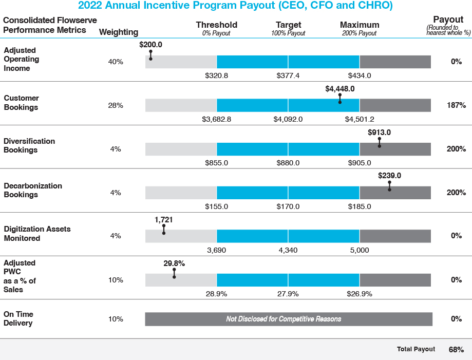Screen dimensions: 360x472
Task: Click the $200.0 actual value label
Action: coord(150,45)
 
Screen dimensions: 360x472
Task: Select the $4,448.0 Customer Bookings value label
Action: coord(340,88)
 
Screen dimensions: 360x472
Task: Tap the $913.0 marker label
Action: coord(380,132)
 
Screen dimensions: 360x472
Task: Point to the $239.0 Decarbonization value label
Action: coord(389,175)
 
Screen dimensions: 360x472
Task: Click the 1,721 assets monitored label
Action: coord(163,219)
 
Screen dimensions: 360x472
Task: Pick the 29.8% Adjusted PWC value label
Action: coord(174,263)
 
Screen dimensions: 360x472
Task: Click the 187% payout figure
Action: coord(456,105)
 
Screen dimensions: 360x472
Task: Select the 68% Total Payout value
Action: coord(456,350)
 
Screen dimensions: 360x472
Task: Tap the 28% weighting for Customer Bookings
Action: coord(116,105)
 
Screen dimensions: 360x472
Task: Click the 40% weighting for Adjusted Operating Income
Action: coord(116,62)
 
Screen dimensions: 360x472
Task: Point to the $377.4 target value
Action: coord(288,75)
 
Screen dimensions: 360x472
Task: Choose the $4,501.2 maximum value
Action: coord(360,119)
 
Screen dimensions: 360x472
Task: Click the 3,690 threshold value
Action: coord(216,250)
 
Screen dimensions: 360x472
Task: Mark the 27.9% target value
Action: coord(288,294)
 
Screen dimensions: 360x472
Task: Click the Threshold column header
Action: coord(216,25)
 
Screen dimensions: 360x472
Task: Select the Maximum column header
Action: coord(360,25)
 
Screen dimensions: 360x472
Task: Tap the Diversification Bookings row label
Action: coord(29,145)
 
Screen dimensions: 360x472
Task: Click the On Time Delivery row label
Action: coord(18,318)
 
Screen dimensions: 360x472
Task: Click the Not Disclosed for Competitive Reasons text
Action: coord(284,319)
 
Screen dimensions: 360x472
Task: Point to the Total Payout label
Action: coord(416,349)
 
